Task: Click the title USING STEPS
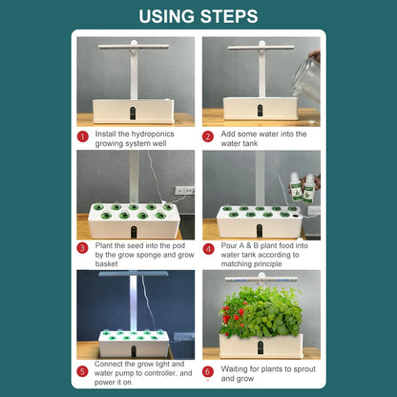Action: pos(198,16)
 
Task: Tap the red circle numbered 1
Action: pos(84,136)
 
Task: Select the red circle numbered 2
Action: pos(208,136)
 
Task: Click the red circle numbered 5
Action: pos(84,370)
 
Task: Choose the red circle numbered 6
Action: pos(208,370)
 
